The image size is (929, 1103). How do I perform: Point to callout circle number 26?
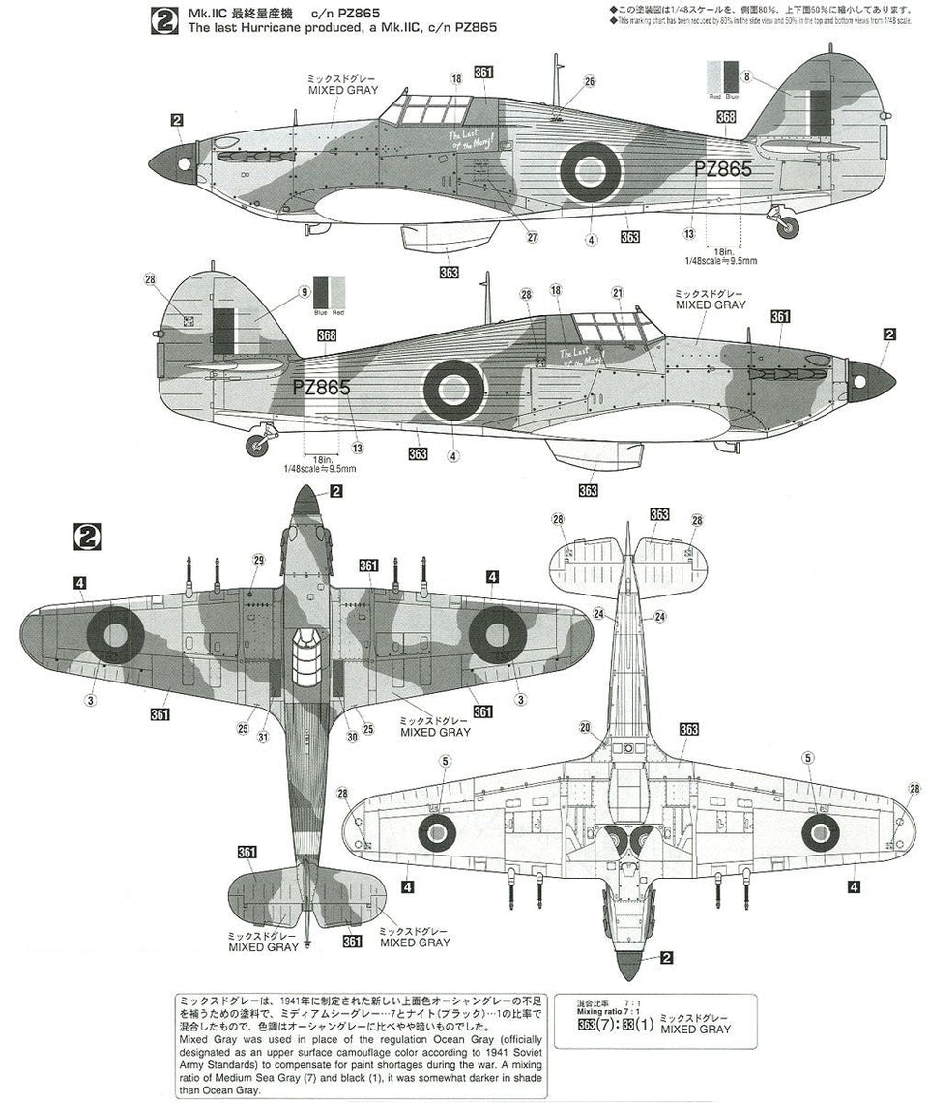(589, 82)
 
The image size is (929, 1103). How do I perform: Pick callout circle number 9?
(305, 291)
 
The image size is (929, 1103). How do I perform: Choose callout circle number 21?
(617, 292)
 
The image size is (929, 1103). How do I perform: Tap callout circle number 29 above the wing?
(258, 560)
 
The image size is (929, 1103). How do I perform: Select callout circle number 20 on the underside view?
(585, 728)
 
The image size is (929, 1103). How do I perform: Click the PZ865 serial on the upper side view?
(723, 168)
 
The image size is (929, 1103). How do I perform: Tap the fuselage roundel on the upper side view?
(591, 171)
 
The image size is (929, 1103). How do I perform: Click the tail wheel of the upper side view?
(790, 227)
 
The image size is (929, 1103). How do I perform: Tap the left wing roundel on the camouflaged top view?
(115, 634)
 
